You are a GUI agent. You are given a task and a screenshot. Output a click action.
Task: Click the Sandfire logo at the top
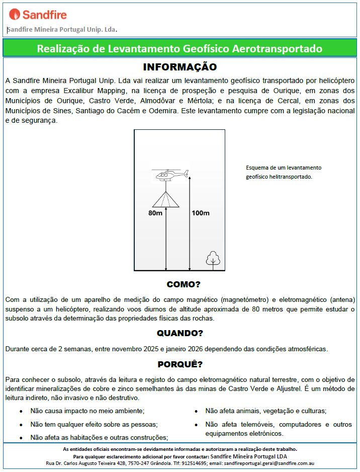(38, 14)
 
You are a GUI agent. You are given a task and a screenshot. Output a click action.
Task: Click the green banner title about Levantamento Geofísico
(179, 49)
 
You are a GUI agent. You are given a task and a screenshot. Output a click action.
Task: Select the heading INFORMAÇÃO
(179, 67)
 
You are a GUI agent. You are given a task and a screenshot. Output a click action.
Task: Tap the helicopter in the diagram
(171, 175)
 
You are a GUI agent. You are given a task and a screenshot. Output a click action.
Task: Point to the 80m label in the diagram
(155, 213)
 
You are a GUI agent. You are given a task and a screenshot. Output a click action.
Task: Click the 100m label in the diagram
(200, 213)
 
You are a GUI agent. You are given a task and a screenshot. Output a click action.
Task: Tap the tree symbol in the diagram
(213, 258)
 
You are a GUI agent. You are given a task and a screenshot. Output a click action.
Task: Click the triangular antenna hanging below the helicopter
(166, 200)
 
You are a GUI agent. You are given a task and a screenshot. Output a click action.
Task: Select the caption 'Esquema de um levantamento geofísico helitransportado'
(284, 172)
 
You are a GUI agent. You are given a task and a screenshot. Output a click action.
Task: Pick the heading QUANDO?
(179, 333)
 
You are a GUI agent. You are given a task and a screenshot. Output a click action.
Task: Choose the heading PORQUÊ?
(179, 364)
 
